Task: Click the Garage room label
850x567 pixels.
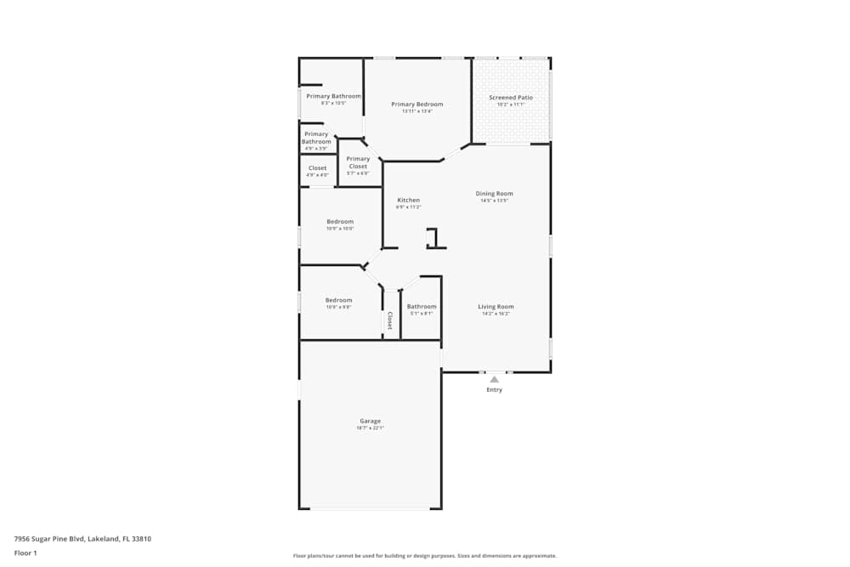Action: coord(370,421)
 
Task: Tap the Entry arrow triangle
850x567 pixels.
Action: coord(494,379)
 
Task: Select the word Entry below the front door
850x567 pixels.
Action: coord(494,390)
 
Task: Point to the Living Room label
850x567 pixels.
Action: coord(496,307)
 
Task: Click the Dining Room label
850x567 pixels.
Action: coord(494,194)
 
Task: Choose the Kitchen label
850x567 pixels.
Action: coord(409,200)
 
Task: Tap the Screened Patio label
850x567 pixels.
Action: coord(511,98)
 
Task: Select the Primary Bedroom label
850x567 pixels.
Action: coord(416,105)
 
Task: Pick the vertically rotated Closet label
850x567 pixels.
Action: coord(390,320)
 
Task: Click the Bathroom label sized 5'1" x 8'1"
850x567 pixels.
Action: coord(422,307)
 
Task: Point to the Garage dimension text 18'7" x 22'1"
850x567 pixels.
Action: coord(370,428)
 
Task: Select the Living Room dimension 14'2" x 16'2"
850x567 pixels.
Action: coord(496,315)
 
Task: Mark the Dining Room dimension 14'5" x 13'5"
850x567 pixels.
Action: coord(494,201)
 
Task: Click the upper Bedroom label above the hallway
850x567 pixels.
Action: coord(340,222)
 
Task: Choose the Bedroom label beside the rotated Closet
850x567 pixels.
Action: coord(338,300)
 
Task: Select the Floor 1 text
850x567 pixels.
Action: coord(25,553)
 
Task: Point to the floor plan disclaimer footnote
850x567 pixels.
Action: coord(425,556)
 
